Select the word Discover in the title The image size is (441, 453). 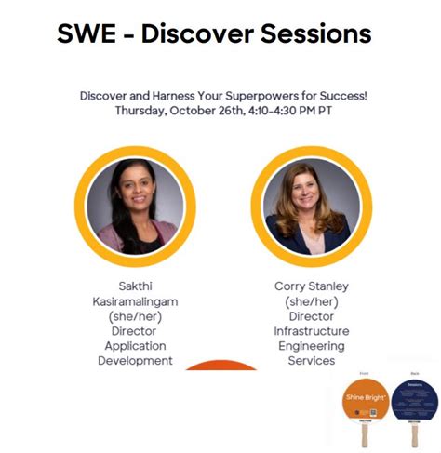201,34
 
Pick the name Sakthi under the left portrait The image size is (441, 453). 134,286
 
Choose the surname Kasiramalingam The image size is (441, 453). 134,301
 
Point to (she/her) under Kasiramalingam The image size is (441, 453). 134,316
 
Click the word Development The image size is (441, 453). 134,360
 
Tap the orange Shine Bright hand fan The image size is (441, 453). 364,398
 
